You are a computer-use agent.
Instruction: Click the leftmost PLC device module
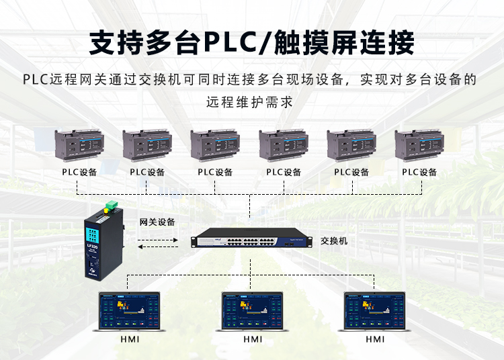click(x=79, y=145)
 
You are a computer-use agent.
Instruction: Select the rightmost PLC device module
click(x=419, y=145)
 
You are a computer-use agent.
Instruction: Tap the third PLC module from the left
click(x=215, y=145)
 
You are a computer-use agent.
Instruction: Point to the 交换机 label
click(x=334, y=240)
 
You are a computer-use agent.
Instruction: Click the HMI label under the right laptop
click(x=375, y=340)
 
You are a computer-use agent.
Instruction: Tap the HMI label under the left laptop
click(x=131, y=340)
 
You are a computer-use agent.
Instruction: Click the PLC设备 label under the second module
click(x=147, y=172)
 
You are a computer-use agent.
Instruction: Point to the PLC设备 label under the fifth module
click(x=351, y=172)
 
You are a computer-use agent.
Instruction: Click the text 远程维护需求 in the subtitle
click(x=249, y=103)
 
